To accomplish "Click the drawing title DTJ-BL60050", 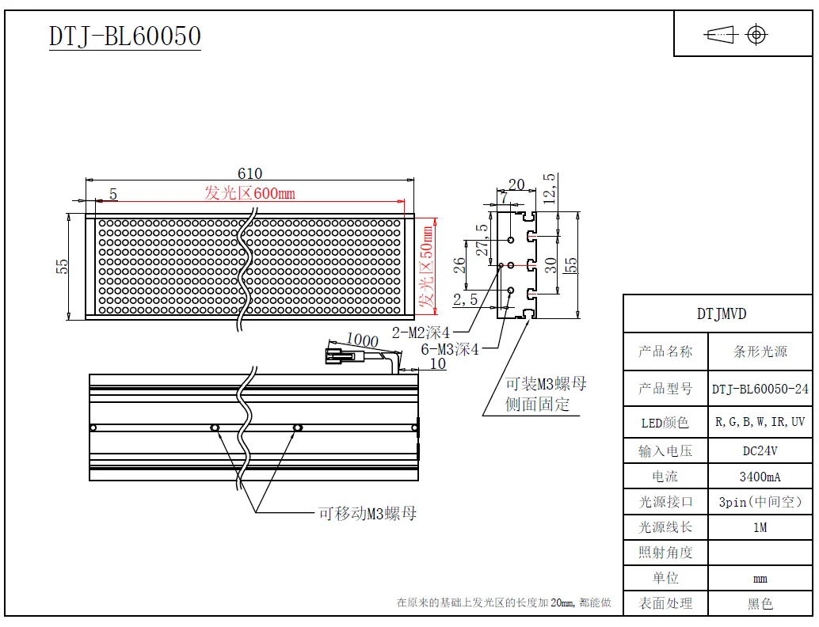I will click(x=125, y=36).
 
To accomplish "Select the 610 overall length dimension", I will click(x=250, y=173).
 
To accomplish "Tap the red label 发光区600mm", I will click(x=250, y=193).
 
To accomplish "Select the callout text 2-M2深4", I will click(x=421, y=333).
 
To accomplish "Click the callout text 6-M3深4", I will click(x=450, y=349).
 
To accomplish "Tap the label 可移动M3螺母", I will click(x=368, y=514).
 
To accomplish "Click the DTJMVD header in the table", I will click(x=721, y=313).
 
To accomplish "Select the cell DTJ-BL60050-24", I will click(x=760, y=389).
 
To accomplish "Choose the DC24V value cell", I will click(x=760, y=451).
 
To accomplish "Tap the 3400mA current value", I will click(x=760, y=477).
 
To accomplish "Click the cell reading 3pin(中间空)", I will click(x=760, y=502).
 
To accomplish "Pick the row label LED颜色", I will click(x=665, y=423).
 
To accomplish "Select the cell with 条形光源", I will click(x=760, y=351).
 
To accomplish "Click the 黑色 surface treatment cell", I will click(x=760, y=603).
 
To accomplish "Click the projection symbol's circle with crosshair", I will click(x=756, y=35).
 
